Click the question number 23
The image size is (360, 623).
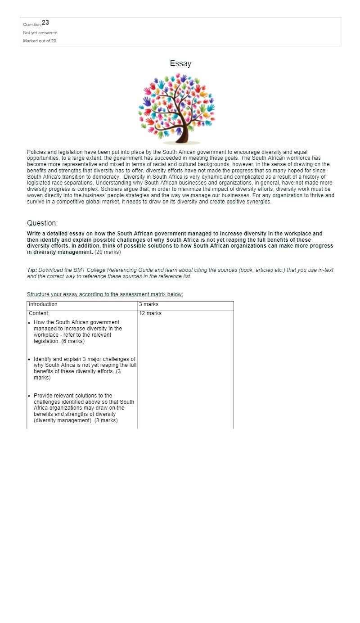pos(45,23)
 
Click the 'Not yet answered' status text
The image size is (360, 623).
pos(40,33)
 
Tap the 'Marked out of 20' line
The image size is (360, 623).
pos(40,41)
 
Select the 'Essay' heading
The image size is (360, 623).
pos(180,64)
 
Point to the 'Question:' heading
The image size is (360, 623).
pos(42,223)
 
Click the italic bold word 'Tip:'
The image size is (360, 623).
pos(32,270)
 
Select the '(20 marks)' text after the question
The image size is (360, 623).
pos(108,252)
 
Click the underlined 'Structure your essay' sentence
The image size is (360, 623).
pos(105,294)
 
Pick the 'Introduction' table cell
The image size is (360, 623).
pos(43,304)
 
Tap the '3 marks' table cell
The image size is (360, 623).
pos(148,304)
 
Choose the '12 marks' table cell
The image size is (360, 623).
pos(150,313)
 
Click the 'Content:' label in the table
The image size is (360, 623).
pos(39,313)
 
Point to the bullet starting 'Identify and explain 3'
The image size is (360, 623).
pos(85,368)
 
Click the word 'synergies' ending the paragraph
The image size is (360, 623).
pos(258,202)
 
